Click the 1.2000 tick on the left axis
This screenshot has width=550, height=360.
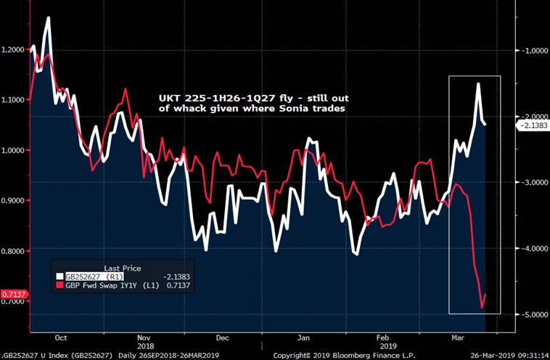pos(13,50)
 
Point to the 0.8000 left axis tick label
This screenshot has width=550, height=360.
pos(13,251)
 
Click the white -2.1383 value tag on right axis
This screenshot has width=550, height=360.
pos(533,126)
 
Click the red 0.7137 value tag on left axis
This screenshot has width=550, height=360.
pos(12,293)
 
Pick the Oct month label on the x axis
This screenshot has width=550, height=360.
pos(61,338)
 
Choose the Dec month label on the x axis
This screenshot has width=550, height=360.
pos(223,338)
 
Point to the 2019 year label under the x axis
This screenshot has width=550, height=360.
pos(383,347)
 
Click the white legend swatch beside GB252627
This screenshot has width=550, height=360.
pos(60,277)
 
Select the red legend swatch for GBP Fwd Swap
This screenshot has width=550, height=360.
pos(60,286)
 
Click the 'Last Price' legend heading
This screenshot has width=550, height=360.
pos(123,268)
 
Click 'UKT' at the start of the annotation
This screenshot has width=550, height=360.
pos(168,97)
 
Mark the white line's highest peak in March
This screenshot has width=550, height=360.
pos(478,83)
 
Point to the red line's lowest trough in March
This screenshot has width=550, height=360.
pos(483,308)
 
